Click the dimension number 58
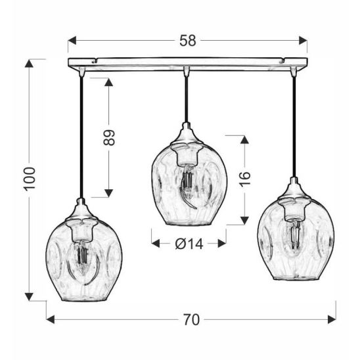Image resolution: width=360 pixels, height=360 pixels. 188,41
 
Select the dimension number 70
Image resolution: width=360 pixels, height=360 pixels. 191,320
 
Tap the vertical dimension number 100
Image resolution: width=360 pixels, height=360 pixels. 30,179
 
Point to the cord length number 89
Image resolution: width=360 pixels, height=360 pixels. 108,138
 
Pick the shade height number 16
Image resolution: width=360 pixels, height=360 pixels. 245,179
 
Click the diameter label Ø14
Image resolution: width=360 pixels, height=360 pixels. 189,244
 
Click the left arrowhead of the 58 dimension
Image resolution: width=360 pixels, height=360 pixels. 72,41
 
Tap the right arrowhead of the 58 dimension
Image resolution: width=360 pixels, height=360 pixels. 303,41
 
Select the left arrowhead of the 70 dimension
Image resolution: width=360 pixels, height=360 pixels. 51,319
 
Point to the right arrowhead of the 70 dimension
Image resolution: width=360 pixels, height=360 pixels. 332,319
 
